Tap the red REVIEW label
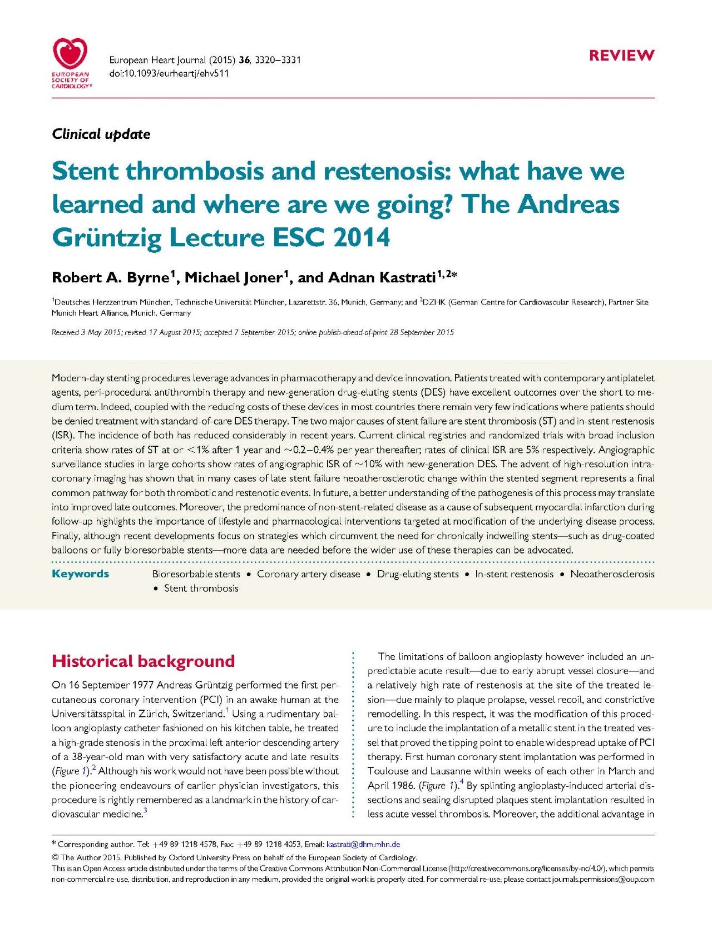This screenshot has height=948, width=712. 621,56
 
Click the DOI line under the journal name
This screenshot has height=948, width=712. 169,73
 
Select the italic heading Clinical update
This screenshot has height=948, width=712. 101,134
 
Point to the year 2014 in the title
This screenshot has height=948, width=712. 362,238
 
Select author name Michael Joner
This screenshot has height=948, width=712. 234,277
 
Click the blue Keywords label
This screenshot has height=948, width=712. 80,574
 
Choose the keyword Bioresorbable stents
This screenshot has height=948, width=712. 196,575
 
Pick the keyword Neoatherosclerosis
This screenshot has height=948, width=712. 612,575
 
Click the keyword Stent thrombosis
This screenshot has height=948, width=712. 201,588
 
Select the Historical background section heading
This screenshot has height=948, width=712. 143,661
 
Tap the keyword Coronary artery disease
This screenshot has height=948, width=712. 308,575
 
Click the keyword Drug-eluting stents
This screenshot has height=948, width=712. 418,575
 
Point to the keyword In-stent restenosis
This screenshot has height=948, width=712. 514,575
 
